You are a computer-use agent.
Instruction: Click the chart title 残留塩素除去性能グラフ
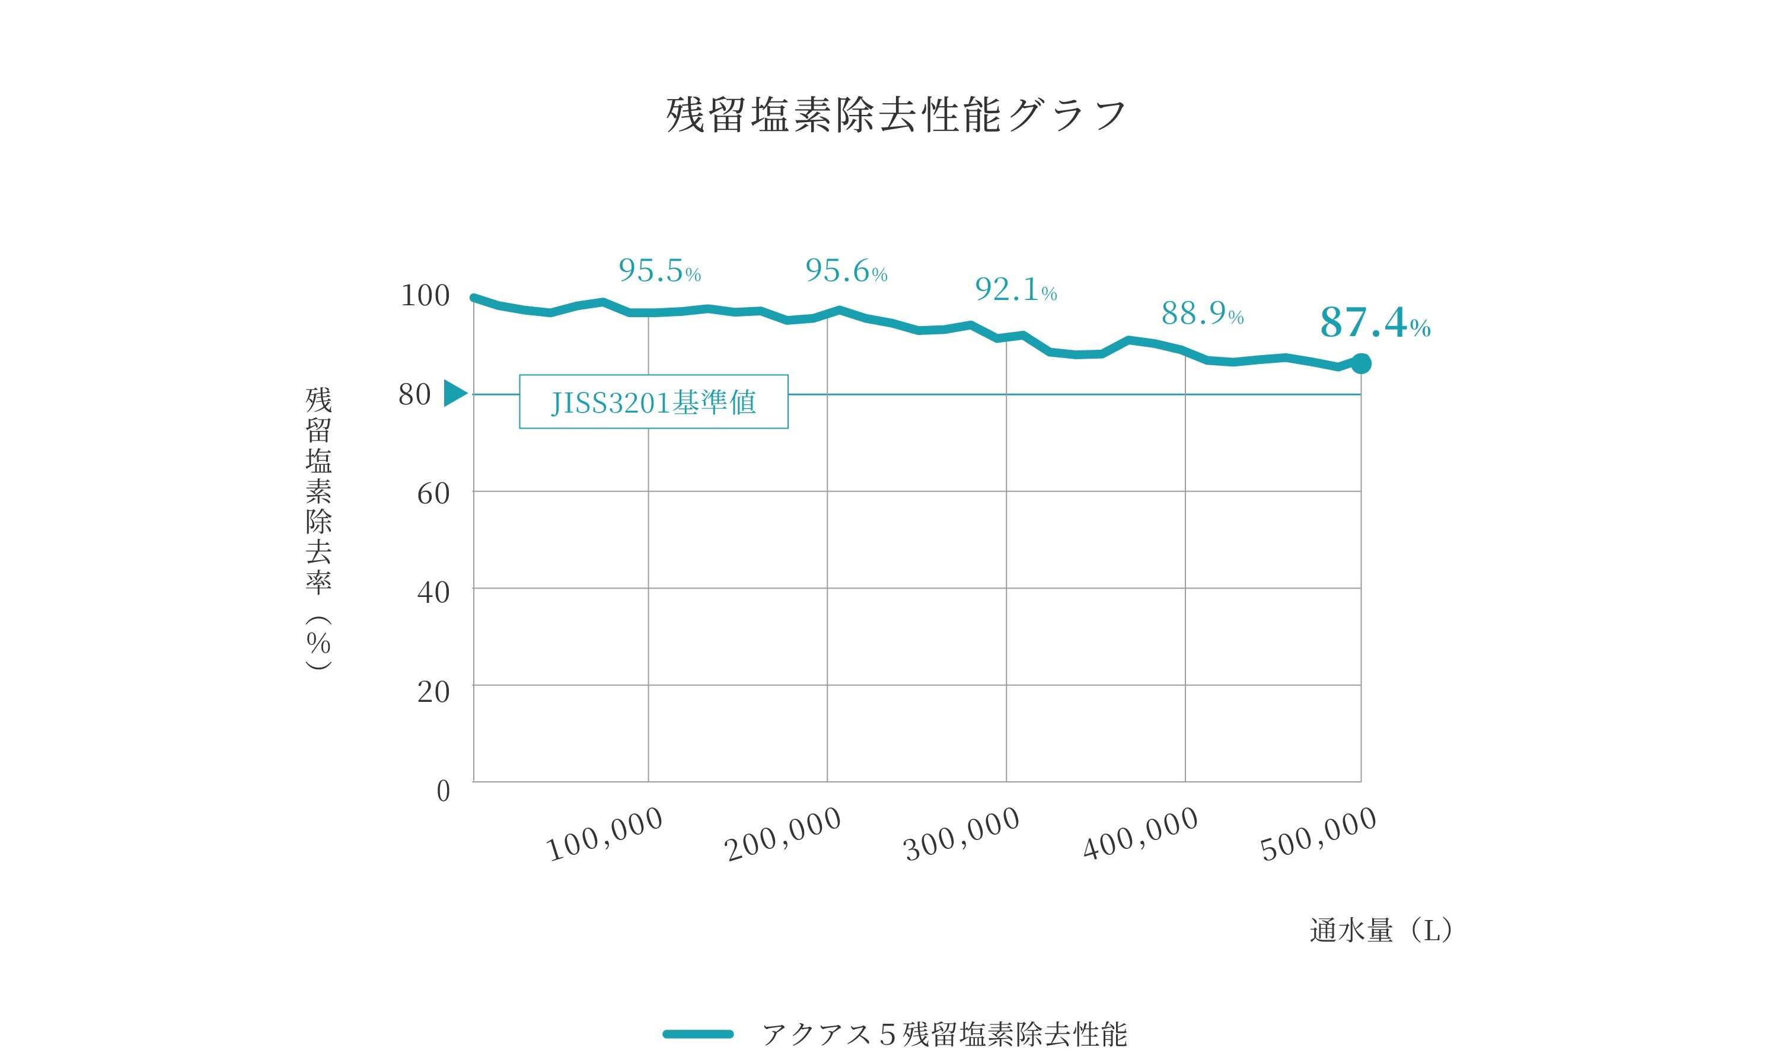[x=897, y=115]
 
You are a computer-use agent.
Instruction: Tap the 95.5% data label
[x=659, y=270]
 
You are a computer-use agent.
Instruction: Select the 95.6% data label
[x=846, y=270]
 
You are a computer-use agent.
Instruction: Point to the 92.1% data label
[x=1015, y=289]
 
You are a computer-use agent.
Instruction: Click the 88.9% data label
[x=1202, y=313]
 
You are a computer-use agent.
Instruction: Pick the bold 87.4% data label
[x=1375, y=323]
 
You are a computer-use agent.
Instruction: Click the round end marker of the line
[x=1360, y=363]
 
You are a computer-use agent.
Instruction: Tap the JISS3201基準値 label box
[x=653, y=402]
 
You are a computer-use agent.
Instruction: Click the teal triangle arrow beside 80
[x=455, y=394]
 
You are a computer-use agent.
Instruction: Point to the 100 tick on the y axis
[x=425, y=295]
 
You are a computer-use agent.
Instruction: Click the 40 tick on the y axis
[x=433, y=592]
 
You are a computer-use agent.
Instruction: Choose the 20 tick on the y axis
[x=433, y=691]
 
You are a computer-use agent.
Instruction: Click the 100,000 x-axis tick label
[x=605, y=835]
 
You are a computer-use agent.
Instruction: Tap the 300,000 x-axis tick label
[x=962, y=835]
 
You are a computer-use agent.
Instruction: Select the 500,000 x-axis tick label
[x=1319, y=835]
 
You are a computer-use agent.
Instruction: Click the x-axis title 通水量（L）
[x=1381, y=930]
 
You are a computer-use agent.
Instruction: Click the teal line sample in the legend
[x=698, y=1033]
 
